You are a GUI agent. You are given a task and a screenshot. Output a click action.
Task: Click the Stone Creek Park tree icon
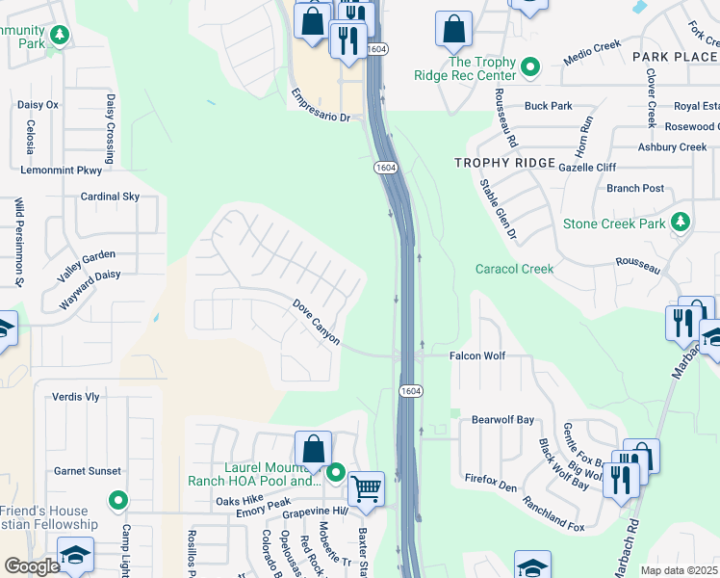681,223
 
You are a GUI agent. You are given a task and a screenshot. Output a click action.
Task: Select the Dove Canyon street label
317,322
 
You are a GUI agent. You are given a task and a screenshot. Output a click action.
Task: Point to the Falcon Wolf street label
477,356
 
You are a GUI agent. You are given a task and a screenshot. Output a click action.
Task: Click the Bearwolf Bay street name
502,420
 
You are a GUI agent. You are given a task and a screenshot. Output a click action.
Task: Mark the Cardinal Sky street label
110,197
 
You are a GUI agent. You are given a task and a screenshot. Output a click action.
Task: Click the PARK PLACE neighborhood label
675,58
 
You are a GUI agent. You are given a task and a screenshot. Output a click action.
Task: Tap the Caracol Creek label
514,269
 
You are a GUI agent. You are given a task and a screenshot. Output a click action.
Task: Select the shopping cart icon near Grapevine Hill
366,488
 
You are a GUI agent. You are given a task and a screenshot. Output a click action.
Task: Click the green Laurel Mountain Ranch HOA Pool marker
336,472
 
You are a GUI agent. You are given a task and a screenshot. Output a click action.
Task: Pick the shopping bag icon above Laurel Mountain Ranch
313,448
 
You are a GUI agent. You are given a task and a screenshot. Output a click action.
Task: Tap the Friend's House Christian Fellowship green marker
117,500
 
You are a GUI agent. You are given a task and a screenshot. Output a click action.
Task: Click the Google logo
32,566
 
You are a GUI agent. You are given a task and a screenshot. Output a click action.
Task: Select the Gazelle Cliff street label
587,167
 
